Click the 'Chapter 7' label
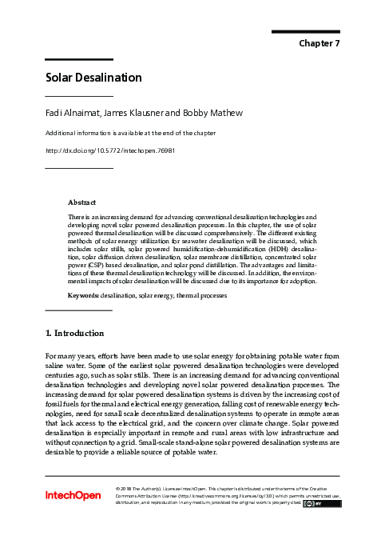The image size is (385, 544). (x=320, y=43)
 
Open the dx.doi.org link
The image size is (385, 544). (x=109, y=150)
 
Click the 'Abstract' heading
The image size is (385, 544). (x=82, y=202)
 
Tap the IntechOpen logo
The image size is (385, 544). (x=73, y=496)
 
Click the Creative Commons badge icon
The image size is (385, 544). (x=316, y=503)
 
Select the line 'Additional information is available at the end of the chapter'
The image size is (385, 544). (x=130, y=133)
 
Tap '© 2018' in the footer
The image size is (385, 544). (x=125, y=487)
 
